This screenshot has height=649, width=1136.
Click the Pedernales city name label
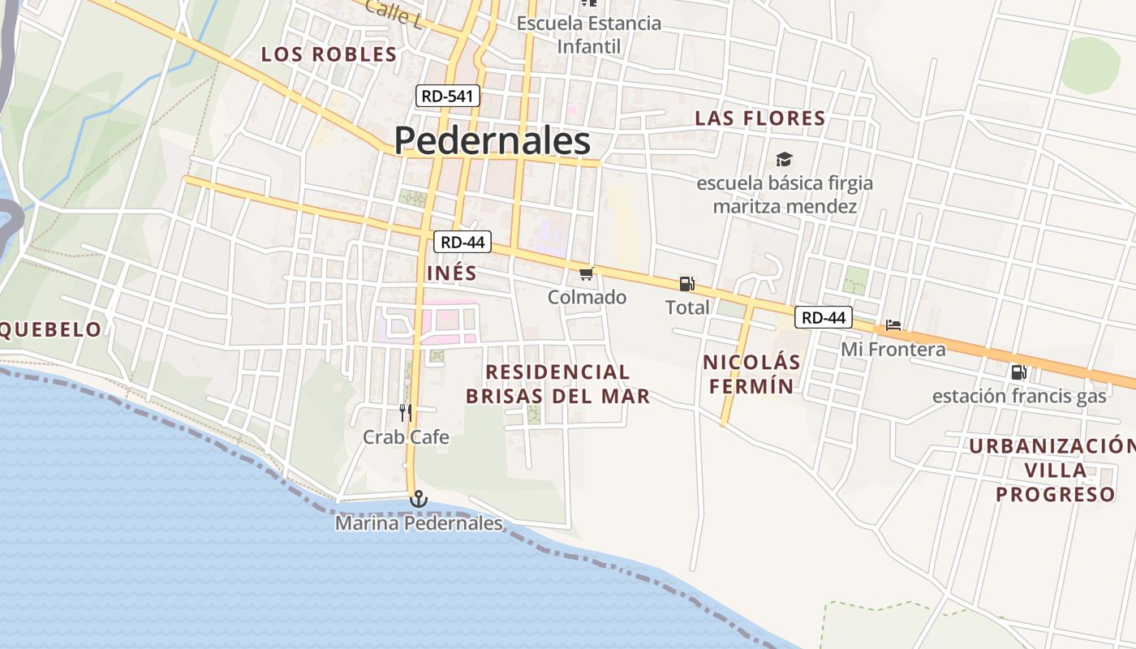point(492,140)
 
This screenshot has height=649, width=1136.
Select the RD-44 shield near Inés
point(463,242)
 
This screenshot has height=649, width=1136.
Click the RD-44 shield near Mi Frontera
point(823,318)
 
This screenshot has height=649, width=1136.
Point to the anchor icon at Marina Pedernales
point(418,498)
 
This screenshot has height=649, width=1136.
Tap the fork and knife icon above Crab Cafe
point(406,412)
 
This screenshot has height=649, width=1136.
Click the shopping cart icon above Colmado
point(587,274)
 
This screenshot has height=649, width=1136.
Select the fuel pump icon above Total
point(686,284)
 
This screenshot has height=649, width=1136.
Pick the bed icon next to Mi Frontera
point(893,325)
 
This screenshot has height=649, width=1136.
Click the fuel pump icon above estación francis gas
point(1018,372)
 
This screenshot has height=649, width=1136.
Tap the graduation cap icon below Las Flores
point(784,159)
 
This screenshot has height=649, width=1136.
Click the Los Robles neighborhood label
point(329,54)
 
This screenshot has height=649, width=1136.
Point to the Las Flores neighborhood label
point(760,118)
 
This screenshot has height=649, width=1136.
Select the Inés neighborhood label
point(452,273)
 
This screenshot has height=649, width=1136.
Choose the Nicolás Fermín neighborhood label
point(752,374)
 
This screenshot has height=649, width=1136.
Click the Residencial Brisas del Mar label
point(557,384)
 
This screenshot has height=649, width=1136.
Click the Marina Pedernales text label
point(419,524)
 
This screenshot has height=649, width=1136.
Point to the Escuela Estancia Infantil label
point(589,35)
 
